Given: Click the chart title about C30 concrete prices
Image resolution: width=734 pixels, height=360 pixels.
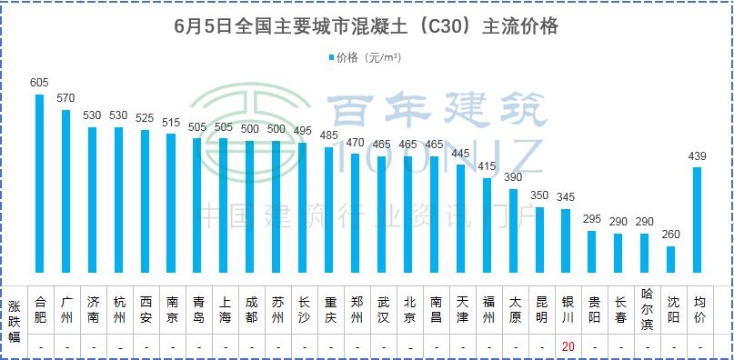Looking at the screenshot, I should point(366,27).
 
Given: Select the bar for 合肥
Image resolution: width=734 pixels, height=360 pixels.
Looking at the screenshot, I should point(39,183).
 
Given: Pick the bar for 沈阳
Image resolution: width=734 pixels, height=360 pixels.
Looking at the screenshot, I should point(671,259).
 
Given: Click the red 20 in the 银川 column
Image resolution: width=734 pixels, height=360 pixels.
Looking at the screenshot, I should point(567,346).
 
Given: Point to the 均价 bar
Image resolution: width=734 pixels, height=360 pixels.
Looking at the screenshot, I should point(698,219).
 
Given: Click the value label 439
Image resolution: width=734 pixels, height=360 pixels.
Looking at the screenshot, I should point(698,156).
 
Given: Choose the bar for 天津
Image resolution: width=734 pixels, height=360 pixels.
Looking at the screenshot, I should point(461,218).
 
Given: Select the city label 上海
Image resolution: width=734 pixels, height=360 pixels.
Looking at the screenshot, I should point(224,309).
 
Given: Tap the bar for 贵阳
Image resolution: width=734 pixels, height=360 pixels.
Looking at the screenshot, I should point(592,252).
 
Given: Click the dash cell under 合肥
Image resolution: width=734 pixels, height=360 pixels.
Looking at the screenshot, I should point(39,346).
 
